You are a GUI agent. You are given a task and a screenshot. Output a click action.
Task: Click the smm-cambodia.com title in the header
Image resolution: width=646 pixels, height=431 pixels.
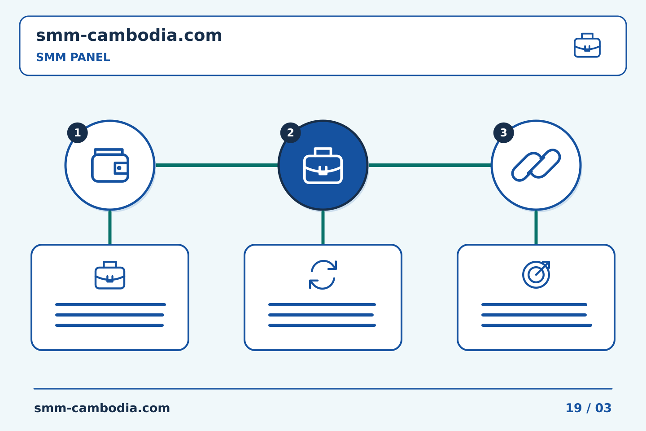(129, 35)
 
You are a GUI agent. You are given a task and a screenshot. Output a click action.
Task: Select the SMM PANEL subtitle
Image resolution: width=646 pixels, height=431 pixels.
(73, 57)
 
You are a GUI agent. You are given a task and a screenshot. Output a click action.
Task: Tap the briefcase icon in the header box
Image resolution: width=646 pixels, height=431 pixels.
(587, 45)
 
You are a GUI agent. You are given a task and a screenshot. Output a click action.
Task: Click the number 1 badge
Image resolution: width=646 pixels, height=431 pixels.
(77, 133)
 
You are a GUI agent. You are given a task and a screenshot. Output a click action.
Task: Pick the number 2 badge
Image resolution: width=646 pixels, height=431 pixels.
(290, 133)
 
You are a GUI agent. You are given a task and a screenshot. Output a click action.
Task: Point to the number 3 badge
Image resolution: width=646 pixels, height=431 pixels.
(503, 133)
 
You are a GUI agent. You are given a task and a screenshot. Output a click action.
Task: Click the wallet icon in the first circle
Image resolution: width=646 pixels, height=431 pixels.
(110, 165)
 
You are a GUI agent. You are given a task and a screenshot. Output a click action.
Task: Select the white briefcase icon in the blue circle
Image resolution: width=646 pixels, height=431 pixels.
(323, 165)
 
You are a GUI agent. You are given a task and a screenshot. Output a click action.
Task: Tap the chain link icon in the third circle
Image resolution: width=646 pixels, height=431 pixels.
(536, 165)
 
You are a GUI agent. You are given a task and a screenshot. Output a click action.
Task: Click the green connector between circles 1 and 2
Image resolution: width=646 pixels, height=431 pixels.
(217, 165)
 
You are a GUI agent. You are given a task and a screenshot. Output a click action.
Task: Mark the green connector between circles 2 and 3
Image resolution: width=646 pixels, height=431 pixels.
(430, 165)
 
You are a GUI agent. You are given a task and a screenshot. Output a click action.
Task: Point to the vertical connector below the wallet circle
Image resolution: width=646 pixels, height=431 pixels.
(110, 228)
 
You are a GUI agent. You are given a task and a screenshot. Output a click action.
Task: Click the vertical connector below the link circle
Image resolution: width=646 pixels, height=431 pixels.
(536, 228)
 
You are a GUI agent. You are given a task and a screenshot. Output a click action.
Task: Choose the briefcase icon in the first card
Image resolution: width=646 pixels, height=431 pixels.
(110, 275)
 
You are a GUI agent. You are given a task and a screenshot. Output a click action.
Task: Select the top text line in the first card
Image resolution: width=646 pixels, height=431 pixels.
(110, 304)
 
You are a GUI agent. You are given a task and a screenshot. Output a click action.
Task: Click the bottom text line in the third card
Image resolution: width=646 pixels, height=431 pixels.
(537, 325)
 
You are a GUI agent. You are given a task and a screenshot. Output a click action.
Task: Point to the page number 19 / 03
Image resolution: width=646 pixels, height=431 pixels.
(589, 408)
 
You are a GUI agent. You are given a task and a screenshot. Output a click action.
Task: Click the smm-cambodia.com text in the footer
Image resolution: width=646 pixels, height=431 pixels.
(102, 408)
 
